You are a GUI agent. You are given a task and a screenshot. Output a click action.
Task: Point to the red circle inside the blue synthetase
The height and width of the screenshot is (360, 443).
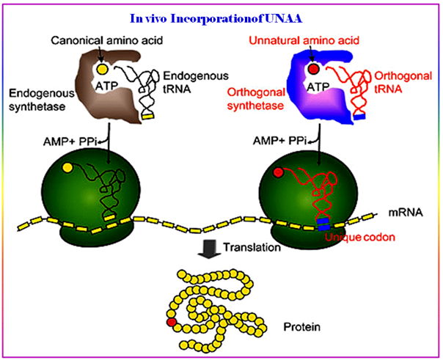313,70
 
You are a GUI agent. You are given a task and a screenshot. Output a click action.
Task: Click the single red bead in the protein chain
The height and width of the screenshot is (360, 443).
171,321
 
